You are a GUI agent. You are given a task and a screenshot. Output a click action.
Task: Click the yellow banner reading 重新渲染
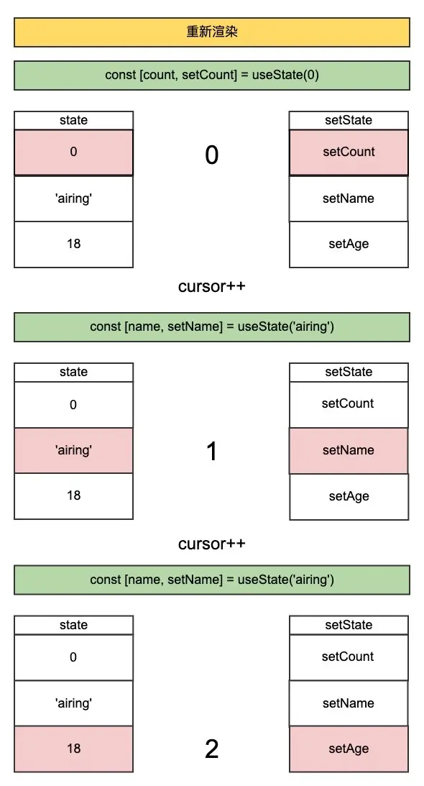pos(212,32)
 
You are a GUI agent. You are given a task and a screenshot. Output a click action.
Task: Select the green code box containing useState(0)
pos(212,75)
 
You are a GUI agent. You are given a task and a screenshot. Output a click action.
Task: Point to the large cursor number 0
pos(211,155)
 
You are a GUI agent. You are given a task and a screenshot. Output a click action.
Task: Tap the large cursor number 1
pos(211,451)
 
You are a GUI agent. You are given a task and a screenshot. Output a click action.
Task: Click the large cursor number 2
pos(211,749)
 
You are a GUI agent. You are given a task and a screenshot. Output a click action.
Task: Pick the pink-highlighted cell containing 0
pos(73,152)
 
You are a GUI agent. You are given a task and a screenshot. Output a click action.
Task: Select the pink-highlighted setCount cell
pos(349,152)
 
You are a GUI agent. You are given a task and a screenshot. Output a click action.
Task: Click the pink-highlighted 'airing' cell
pos(73,450)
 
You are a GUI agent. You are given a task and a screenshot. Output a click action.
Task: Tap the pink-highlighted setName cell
pos(349,450)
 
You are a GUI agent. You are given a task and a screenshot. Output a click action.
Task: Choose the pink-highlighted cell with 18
pos(73,749)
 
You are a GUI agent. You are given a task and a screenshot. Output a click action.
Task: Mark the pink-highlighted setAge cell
pos(349,749)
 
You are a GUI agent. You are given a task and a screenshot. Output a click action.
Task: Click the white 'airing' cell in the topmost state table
pos(73,198)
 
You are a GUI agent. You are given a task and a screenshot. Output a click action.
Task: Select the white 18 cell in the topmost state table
pos(73,244)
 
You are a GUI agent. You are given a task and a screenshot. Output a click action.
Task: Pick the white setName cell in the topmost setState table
pos(349,198)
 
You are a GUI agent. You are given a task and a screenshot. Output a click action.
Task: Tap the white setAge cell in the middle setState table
pos(349,496)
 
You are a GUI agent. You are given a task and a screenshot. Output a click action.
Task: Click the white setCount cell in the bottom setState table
pos(349,657)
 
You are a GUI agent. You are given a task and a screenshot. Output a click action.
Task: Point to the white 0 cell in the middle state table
pos(73,405)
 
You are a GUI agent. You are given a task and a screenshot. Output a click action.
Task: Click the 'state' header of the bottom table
pos(73,625)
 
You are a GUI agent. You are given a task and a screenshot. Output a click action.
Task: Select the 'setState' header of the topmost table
pos(349,120)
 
